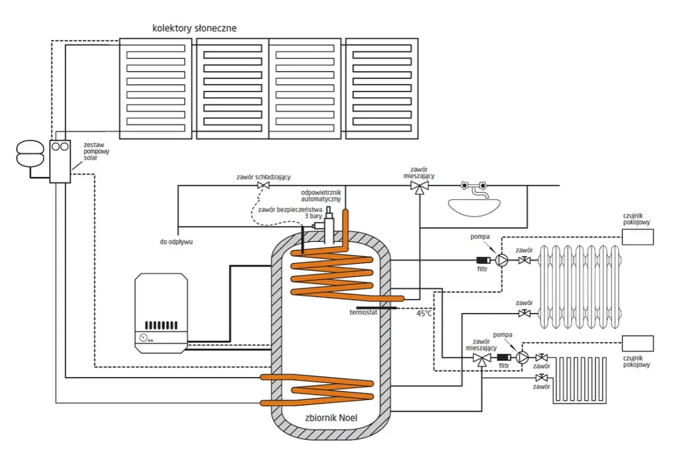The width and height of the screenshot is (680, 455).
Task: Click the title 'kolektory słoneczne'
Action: click(194, 29)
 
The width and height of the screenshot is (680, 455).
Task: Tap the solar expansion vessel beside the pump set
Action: click(30, 153)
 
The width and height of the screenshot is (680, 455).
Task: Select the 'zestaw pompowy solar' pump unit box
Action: click(60, 161)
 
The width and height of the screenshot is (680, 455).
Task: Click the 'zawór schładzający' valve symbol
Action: click(263, 186)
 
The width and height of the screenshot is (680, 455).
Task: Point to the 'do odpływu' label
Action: click(176, 242)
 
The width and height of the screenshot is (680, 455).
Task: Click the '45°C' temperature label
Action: click(424, 313)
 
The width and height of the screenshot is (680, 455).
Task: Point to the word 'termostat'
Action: click(363, 313)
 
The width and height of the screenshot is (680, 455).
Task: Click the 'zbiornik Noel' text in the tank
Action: click(331, 418)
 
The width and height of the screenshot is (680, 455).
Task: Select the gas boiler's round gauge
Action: click(144, 338)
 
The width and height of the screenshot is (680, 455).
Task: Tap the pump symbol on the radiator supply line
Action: click(501, 260)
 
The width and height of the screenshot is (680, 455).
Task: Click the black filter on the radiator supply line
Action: click(483, 261)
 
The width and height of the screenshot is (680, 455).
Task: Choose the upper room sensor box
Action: click(638, 237)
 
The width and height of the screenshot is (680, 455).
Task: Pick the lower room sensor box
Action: click(638, 344)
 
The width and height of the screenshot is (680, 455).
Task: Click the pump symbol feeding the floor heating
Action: click(522, 358)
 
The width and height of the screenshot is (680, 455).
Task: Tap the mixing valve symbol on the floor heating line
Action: click(481, 359)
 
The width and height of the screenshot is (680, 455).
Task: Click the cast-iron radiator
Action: click(580, 287)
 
